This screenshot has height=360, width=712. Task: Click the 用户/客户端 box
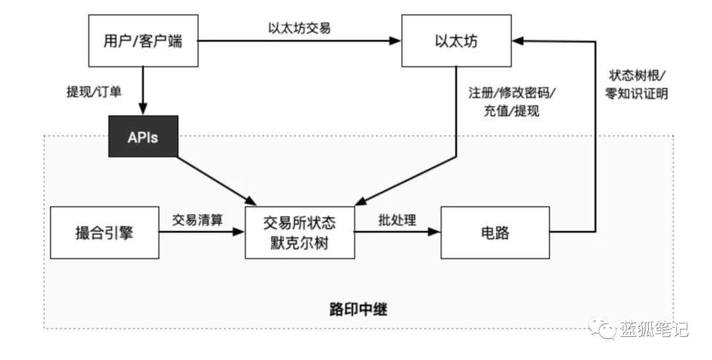click(x=143, y=41)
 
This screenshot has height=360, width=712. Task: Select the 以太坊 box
click(x=456, y=41)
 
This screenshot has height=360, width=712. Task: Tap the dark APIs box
click(x=143, y=136)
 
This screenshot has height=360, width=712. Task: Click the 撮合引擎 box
click(x=104, y=233)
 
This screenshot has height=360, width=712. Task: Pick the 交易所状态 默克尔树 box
click(x=300, y=233)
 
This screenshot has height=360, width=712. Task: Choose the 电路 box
click(x=495, y=233)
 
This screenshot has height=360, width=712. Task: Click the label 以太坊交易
click(x=299, y=28)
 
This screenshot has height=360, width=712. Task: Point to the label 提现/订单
click(x=94, y=92)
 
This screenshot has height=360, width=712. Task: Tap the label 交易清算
click(x=198, y=220)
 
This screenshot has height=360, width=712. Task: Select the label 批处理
click(x=398, y=220)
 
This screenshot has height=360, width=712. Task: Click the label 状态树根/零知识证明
click(x=637, y=84)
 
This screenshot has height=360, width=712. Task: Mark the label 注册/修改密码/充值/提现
click(x=512, y=102)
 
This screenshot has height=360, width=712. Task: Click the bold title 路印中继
click(x=358, y=310)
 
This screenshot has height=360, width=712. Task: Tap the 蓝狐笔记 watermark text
click(x=654, y=328)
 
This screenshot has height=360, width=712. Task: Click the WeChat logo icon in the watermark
click(x=603, y=328)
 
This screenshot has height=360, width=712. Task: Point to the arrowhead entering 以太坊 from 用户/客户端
click(x=395, y=41)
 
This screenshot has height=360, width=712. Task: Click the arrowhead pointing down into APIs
click(x=143, y=109)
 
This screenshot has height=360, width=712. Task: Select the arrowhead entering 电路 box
click(x=434, y=232)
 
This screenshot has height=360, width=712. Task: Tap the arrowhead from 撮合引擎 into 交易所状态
click(x=239, y=232)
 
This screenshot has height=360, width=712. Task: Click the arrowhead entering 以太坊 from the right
click(x=518, y=41)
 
